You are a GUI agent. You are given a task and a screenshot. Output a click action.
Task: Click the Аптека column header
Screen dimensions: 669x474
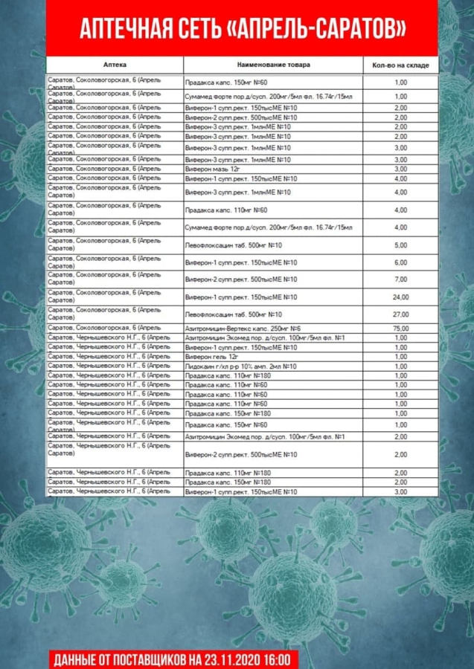coord(115,65)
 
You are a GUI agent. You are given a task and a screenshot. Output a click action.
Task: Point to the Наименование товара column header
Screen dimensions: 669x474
coord(273,65)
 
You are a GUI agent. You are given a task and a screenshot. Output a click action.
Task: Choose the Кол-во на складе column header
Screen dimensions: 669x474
coord(400,65)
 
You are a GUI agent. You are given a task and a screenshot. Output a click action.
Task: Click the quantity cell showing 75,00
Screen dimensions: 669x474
coord(400,328)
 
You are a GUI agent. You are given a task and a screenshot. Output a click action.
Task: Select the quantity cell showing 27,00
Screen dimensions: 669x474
coord(400,314)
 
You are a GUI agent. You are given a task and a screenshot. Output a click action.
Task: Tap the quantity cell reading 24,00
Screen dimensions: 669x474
coord(400,297)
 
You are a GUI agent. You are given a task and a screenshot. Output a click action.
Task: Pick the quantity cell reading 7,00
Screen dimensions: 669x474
coord(400,279)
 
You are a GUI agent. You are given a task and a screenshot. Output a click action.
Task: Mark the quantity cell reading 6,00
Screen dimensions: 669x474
coord(400,262)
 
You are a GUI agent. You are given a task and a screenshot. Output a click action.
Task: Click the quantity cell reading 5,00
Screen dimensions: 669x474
coord(400,245)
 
